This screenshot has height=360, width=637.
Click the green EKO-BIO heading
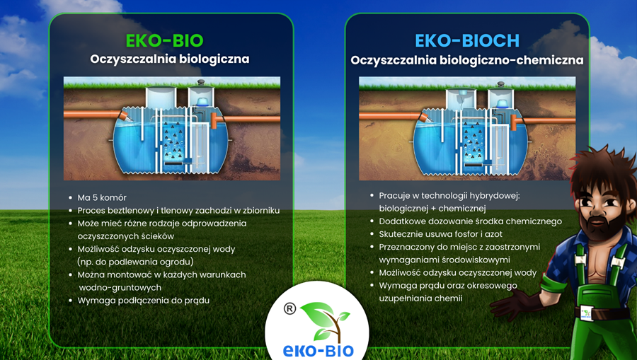coord(169,39)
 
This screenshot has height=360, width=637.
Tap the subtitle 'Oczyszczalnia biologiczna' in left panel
coord(170,59)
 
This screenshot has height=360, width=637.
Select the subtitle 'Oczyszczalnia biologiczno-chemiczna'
coord(466,60)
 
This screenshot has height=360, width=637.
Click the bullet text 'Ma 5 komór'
coord(101,197)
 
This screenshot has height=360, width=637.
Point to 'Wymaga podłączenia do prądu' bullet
coord(143,300)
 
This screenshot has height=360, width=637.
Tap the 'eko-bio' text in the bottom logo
coord(318,350)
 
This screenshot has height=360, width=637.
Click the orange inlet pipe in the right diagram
coord(389,114)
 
